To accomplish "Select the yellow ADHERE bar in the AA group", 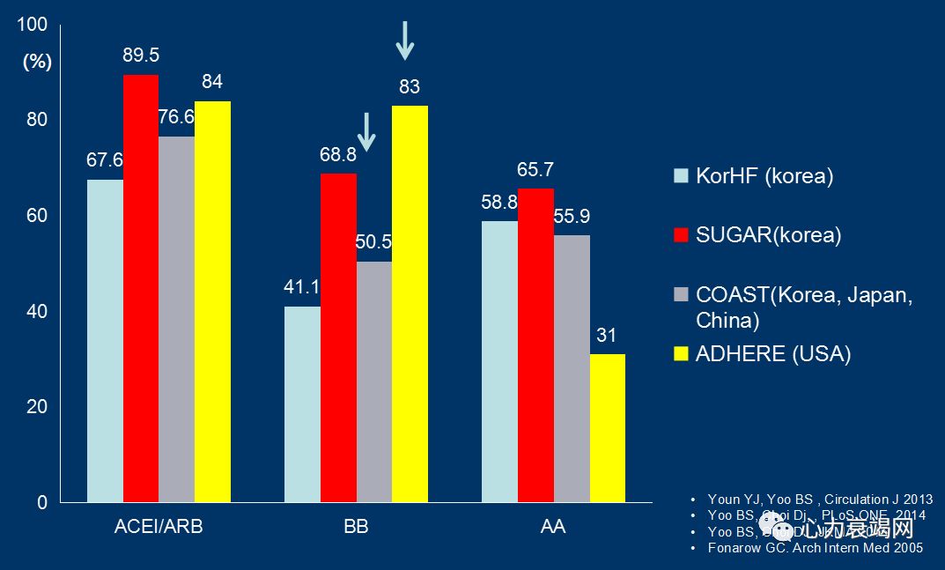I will point(608,428).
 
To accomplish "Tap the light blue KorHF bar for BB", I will point(302,404).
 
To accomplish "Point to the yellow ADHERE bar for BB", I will point(410,304).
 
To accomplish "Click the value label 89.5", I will point(141,56).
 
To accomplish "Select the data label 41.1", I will point(302,286).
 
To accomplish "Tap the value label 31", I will point(607,336).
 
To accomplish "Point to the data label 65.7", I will point(535,169).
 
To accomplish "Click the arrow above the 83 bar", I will point(404,40).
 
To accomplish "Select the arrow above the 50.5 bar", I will point(367,130).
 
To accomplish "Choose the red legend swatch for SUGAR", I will point(680,235).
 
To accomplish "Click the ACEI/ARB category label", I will point(159,527).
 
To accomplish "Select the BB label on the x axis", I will point(356,527).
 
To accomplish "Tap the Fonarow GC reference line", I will point(816,548).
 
